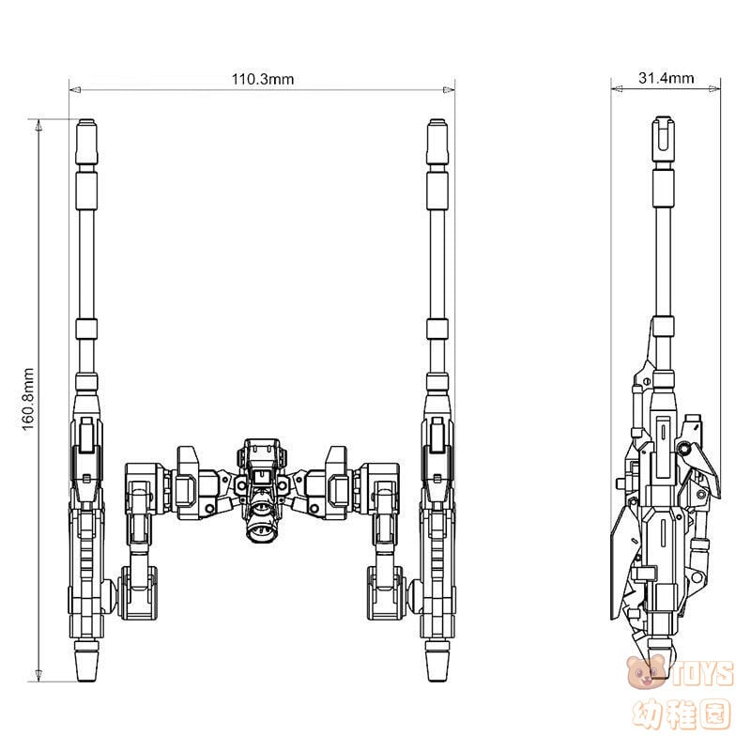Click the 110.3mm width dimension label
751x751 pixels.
click(x=263, y=79)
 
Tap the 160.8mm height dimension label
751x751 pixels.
click(x=28, y=398)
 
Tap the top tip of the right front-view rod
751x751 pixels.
click(x=437, y=123)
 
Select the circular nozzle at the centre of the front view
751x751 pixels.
click(x=260, y=529)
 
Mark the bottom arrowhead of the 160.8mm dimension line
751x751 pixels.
click(x=38, y=674)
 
